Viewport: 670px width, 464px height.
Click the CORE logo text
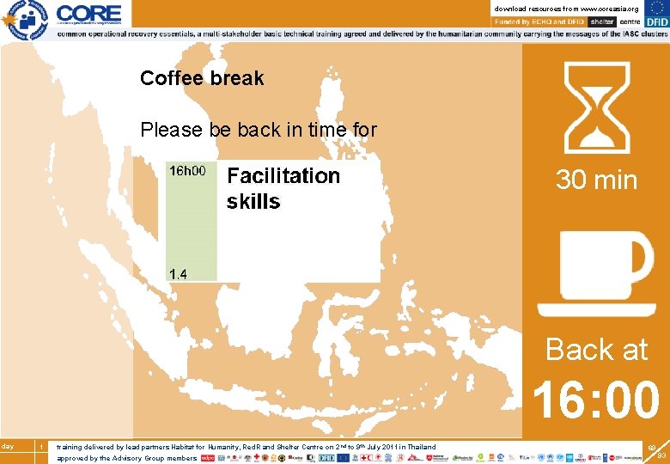[x=89, y=13]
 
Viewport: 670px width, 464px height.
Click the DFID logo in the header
[x=655, y=21]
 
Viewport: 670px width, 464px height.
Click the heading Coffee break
[x=202, y=78]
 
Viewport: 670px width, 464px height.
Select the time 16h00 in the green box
[x=187, y=171]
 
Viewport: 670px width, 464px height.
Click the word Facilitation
[x=283, y=176]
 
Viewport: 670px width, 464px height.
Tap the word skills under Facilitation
[x=253, y=202]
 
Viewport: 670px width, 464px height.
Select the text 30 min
[x=596, y=180]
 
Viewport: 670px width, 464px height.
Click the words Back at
[x=596, y=350]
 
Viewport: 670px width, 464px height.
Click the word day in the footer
[x=7, y=446]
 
